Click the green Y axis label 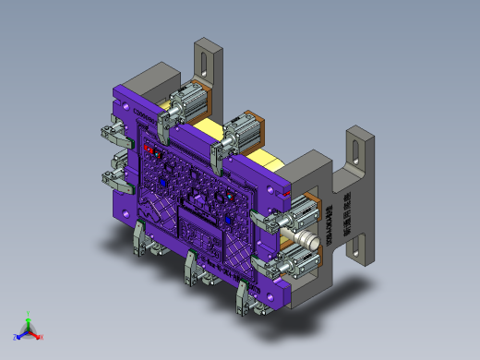pos(29,315)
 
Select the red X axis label pos(42,337)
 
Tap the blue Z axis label pos(15,337)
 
